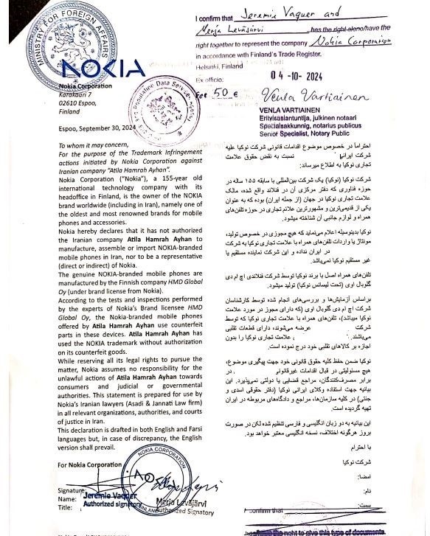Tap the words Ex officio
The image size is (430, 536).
point(209,77)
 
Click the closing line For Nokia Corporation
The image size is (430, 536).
point(87,464)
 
